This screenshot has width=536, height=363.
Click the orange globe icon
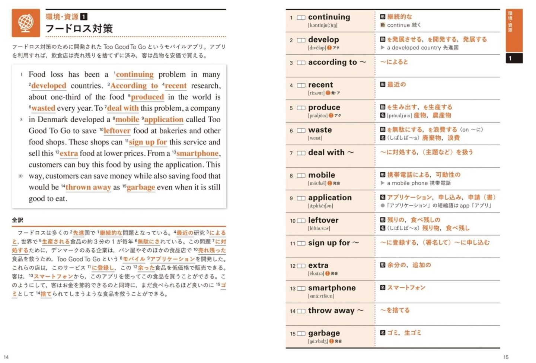(x=26, y=23)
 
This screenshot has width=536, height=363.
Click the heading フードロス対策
(x=79, y=29)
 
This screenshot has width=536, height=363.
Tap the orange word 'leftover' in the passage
(x=117, y=131)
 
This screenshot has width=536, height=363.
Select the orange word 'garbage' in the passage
(x=141, y=187)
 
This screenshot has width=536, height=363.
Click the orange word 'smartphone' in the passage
(x=197, y=153)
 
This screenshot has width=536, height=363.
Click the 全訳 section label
(x=17, y=220)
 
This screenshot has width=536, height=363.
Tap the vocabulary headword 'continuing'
(x=329, y=17)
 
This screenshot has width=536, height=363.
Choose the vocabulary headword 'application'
(x=330, y=198)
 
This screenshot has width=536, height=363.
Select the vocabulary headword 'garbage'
(x=324, y=333)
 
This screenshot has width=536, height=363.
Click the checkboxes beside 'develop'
(x=301, y=40)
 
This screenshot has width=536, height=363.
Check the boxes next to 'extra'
(x=301, y=266)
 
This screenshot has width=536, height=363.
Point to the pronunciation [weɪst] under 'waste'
(x=315, y=138)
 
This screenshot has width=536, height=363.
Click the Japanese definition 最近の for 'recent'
(x=396, y=85)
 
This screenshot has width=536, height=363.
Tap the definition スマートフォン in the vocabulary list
(x=406, y=288)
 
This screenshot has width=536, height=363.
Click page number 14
(x=6, y=357)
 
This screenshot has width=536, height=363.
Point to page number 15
(x=506, y=357)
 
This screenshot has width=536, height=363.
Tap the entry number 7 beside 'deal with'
(x=291, y=153)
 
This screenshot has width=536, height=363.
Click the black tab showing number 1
(x=514, y=58)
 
